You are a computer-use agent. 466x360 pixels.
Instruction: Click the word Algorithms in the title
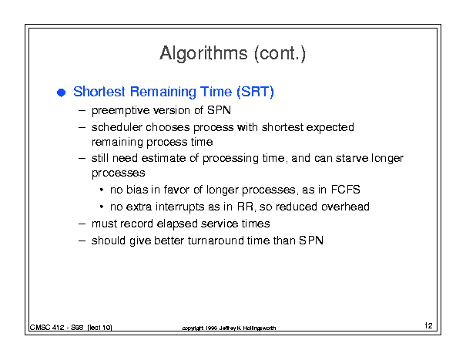[x=203, y=54]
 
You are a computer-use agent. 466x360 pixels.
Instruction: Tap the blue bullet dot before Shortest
[x=61, y=93]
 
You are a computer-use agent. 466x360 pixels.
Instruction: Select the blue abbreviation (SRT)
[x=255, y=92]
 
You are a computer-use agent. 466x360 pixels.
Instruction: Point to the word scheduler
[x=117, y=127]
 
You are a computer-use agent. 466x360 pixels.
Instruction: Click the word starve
[x=352, y=158]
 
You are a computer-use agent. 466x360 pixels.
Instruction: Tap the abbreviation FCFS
[x=345, y=190]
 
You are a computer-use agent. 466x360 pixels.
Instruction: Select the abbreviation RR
[x=246, y=207]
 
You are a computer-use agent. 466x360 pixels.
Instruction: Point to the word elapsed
[x=177, y=224]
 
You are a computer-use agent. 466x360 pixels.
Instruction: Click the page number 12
[x=428, y=325]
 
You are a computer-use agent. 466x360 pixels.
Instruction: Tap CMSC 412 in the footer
[x=47, y=328]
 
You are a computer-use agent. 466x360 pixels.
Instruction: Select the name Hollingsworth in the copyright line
[x=259, y=328]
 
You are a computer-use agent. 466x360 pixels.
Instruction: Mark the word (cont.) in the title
[x=280, y=54]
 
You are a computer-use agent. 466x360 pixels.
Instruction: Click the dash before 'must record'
[x=82, y=224]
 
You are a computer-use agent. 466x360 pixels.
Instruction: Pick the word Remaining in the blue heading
[x=163, y=92]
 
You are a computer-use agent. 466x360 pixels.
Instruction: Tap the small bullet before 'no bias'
[x=102, y=190]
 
